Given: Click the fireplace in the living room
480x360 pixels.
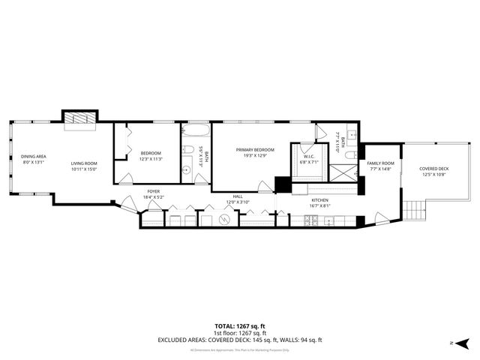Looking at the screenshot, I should [x=77, y=118].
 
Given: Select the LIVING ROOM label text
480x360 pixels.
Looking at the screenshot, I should [x=84, y=166].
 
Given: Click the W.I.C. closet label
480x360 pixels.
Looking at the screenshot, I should [x=309, y=159].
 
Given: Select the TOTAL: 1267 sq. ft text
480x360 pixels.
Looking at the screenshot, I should [x=240, y=326].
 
